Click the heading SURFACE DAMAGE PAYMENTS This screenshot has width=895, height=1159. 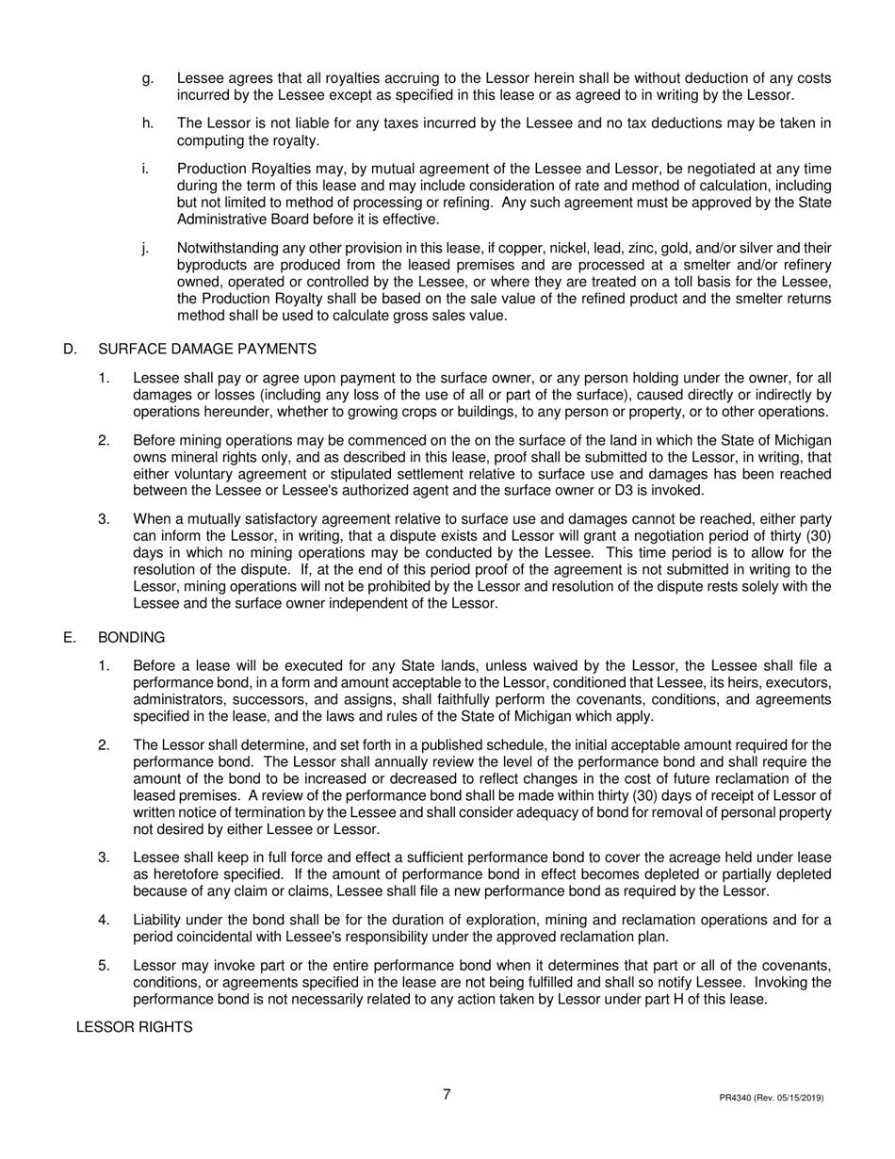coord(206,350)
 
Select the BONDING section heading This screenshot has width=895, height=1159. coord(132,638)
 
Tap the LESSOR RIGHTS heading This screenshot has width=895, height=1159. coord(134,1027)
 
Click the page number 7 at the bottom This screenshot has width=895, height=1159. coord(447,1094)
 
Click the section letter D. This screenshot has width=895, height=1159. coord(69,350)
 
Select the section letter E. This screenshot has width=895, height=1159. coord(69,638)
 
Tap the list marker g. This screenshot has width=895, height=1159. coord(147,78)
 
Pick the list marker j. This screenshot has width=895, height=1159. coord(145,248)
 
